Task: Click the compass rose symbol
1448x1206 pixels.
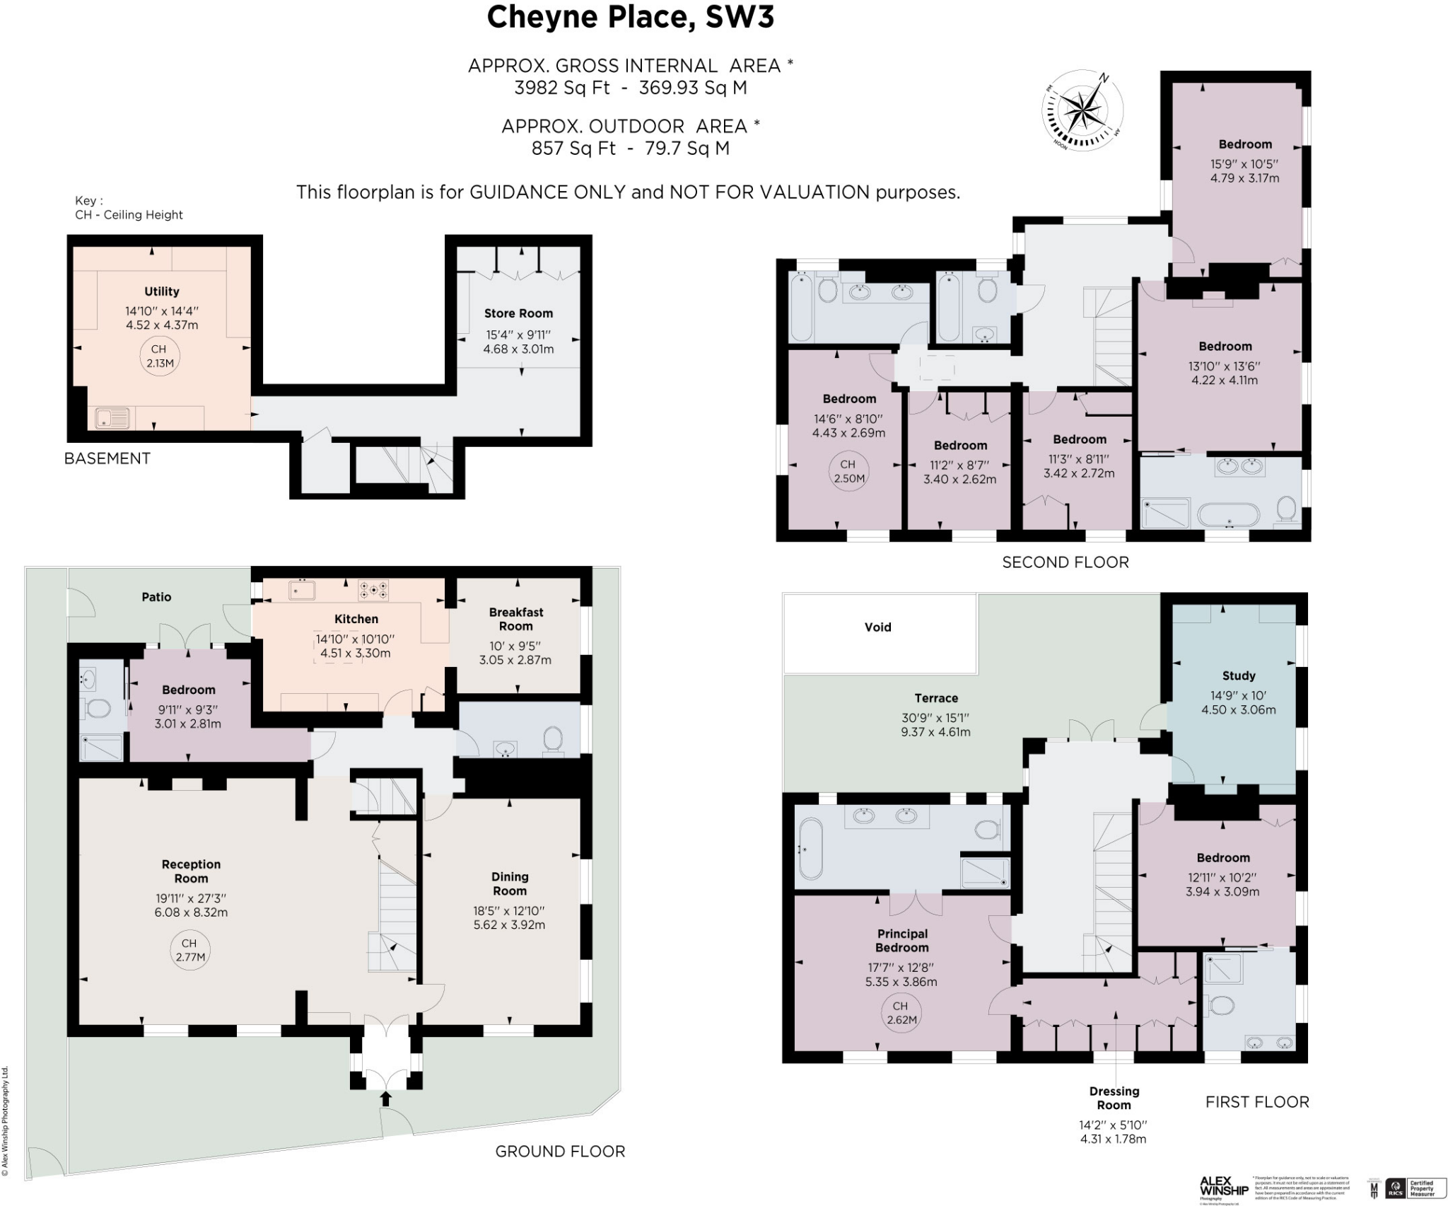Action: coord(1082,111)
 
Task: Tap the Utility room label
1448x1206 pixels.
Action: coord(161,291)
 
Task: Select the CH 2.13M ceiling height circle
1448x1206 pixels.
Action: coord(160,356)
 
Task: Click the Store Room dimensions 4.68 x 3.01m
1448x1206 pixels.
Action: coord(518,349)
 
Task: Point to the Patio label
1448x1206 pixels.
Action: coord(156,597)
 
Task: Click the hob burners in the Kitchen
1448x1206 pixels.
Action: coord(373,589)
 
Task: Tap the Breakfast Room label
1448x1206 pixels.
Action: coord(516,619)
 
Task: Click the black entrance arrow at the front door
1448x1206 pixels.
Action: coord(385,1098)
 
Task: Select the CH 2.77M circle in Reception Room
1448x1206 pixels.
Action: coord(189,950)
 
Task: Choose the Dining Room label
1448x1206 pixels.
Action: coord(509,883)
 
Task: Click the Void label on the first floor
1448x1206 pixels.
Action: coord(877,627)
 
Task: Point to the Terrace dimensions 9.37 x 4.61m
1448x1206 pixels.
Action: coord(935,732)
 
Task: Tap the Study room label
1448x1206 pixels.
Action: coord(1238,676)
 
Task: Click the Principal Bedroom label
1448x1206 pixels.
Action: coord(901,941)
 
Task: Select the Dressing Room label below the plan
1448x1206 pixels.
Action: coord(1114,1098)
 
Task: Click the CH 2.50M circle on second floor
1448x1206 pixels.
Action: coord(847,471)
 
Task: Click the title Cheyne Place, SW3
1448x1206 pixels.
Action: coord(630,18)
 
